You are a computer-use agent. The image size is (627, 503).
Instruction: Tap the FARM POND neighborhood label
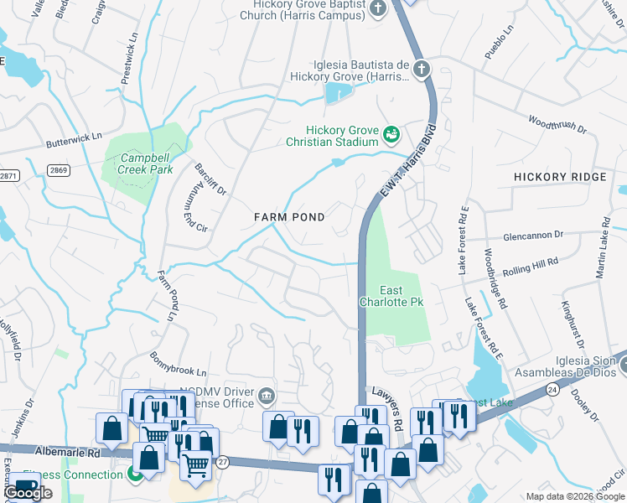(x=289, y=216)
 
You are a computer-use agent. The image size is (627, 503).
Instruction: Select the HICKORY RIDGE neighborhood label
(x=559, y=177)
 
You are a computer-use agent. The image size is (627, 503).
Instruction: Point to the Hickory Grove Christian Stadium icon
(x=391, y=134)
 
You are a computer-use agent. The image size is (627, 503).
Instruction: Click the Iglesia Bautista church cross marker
(x=421, y=69)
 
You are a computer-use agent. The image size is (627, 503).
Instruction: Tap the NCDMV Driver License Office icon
(x=267, y=395)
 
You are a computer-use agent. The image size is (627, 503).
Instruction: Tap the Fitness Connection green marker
(x=134, y=475)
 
